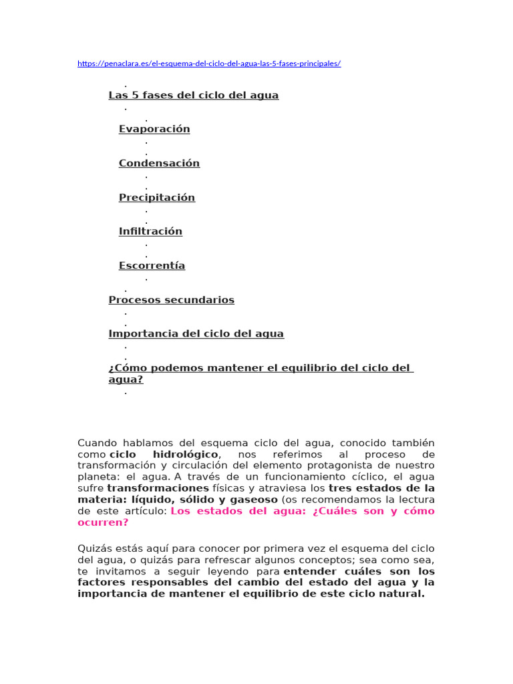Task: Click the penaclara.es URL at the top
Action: (x=209, y=63)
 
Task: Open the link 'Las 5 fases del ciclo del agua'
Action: (x=194, y=95)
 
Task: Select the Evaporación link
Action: (x=154, y=129)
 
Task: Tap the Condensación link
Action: (x=159, y=163)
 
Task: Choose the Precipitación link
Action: (x=157, y=197)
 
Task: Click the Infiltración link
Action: (x=150, y=231)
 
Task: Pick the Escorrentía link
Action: (x=152, y=265)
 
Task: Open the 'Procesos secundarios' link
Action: (x=172, y=300)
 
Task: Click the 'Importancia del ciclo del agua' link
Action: (x=196, y=333)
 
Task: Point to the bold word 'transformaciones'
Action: (x=148, y=488)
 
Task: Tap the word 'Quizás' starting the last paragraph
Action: (x=93, y=549)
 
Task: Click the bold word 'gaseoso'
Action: (x=254, y=500)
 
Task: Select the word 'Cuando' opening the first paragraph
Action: (x=96, y=443)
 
